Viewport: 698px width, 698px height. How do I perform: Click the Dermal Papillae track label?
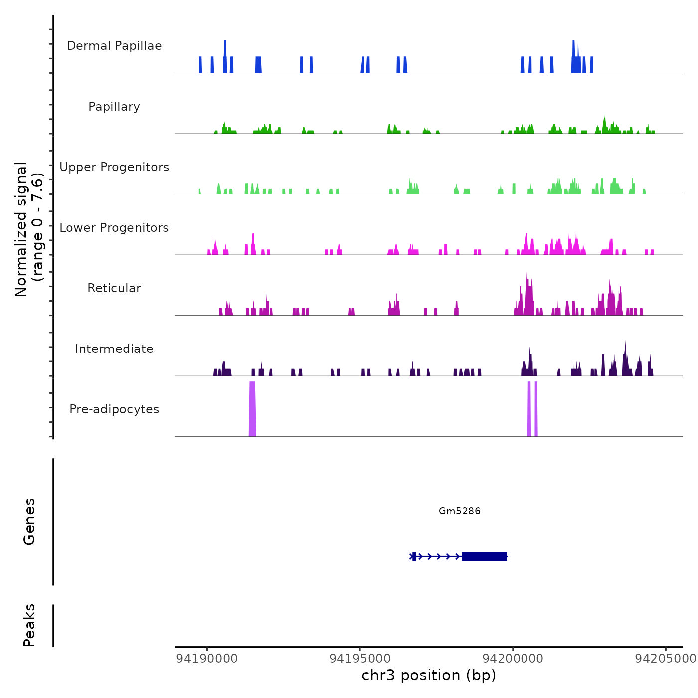114,46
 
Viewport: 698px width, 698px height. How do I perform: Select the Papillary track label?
114,107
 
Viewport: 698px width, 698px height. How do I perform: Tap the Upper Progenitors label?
114,167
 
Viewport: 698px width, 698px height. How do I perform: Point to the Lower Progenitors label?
114,228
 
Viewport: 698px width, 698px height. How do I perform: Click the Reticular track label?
114,288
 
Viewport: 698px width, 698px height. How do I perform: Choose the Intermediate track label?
114,349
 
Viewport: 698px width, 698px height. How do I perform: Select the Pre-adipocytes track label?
114,409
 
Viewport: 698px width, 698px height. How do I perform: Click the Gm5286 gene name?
459,511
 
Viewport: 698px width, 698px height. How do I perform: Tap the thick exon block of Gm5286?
484,556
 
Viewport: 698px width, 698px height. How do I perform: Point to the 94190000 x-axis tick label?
207,659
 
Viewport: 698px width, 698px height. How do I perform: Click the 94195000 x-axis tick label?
360,659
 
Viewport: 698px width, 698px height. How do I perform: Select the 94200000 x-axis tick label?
513,659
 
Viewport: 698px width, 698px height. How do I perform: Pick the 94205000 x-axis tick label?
665,659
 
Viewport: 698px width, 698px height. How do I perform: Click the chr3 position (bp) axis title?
429,676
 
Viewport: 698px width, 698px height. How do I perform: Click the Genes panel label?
29,522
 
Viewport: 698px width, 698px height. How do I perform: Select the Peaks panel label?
29,625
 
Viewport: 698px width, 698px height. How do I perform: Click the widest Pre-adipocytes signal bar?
252,409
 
